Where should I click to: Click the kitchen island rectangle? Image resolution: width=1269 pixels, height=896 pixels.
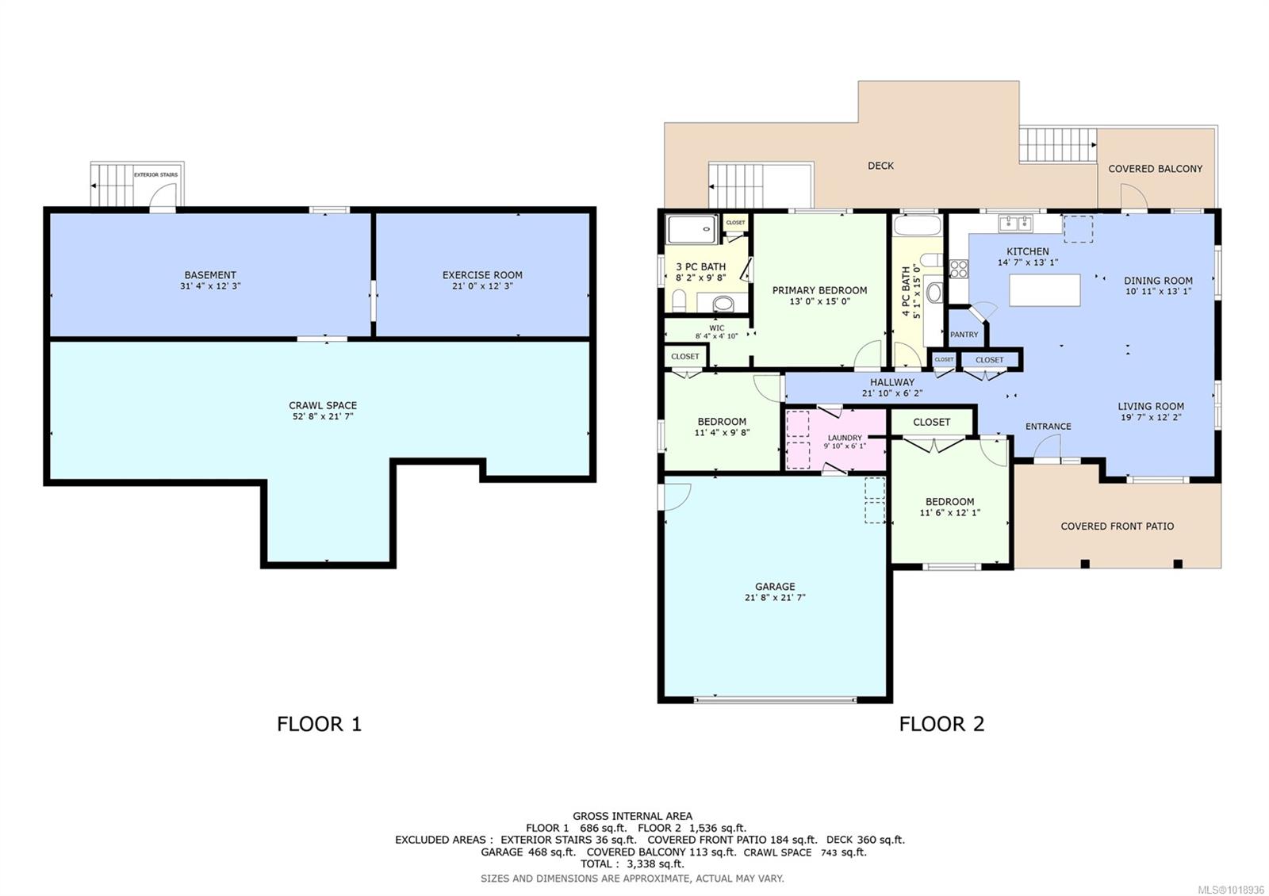pyautogui.click(x=1045, y=290)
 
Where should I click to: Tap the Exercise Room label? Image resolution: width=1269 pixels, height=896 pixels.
pyautogui.click(x=482, y=275)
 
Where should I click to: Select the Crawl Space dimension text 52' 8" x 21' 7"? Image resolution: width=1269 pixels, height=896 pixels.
pyautogui.click(x=322, y=416)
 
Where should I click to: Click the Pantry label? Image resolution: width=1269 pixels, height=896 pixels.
pyautogui.click(x=964, y=335)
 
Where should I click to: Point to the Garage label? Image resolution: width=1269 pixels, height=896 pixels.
pyautogui.click(x=775, y=587)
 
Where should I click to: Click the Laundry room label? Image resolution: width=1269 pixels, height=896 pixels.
pyautogui.click(x=845, y=438)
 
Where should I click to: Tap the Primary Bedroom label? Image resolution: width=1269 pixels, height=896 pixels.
pyautogui.click(x=819, y=290)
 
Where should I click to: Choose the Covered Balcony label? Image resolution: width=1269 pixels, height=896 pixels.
pyautogui.click(x=1155, y=169)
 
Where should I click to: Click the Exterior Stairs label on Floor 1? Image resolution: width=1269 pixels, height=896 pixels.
pyautogui.click(x=155, y=174)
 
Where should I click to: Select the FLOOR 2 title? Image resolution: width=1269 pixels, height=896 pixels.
pyautogui.click(x=941, y=724)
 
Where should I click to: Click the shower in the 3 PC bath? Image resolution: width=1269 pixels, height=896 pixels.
pyautogui.click(x=692, y=229)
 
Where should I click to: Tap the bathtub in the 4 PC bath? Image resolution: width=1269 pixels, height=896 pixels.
pyautogui.click(x=916, y=225)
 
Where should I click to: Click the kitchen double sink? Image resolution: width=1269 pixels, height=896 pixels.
pyautogui.click(x=1014, y=223)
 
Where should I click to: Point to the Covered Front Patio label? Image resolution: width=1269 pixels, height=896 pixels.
pyautogui.click(x=1117, y=526)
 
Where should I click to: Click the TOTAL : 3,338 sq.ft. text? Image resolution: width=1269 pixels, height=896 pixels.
pyautogui.click(x=632, y=864)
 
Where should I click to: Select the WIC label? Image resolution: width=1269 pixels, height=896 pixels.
pyautogui.click(x=716, y=327)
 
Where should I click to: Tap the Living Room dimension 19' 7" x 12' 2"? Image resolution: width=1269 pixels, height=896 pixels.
pyautogui.click(x=1151, y=417)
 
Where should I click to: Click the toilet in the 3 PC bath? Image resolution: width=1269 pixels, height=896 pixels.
pyautogui.click(x=679, y=301)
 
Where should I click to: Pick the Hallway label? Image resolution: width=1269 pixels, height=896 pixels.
pyautogui.click(x=892, y=382)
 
